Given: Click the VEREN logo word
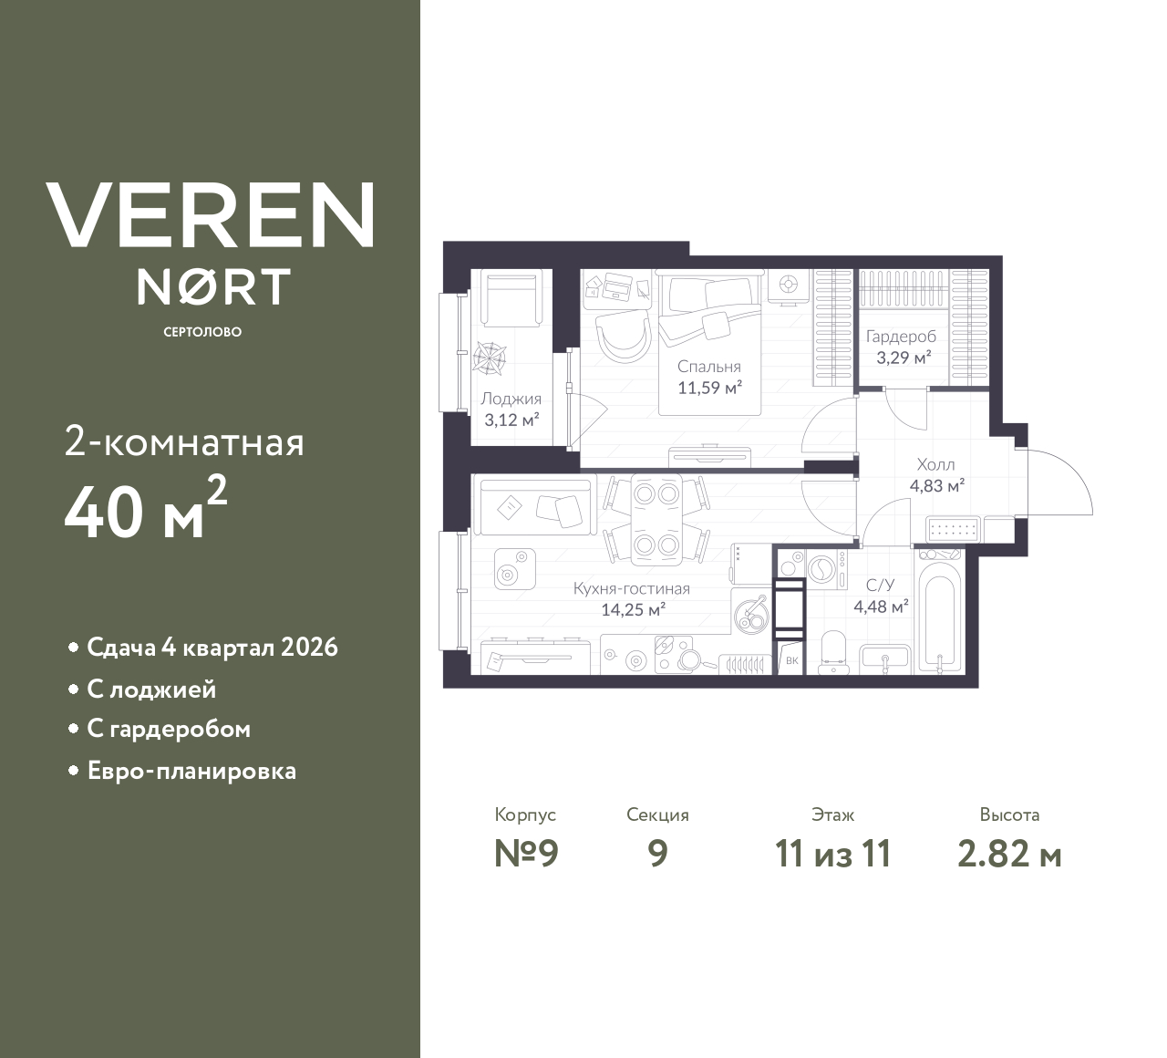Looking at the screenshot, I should pyautogui.click(x=211, y=215).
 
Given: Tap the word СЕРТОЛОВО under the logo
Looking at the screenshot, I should pyautogui.click(x=202, y=332).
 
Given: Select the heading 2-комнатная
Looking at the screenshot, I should pyautogui.click(x=184, y=443).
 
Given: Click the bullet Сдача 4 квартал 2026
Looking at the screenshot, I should pyautogui.click(x=212, y=648).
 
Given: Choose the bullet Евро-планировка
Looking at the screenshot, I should pyautogui.click(x=191, y=771).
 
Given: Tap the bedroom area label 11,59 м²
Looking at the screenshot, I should pyautogui.click(x=709, y=388).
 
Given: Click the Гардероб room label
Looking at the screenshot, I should pyautogui.click(x=901, y=337).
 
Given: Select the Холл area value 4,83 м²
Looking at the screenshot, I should pyautogui.click(x=936, y=486).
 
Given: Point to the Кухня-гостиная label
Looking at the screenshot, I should pyautogui.click(x=631, y=589).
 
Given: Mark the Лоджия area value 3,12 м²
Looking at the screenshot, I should pyautogui.click(x=511, y=420).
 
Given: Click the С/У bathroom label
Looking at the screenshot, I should pyautogui.click(x=880, y=586).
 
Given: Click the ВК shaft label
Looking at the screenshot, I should pyautogui.click(x=791, y=660).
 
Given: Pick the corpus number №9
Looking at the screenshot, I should pyautogui.click(x=525, y=854).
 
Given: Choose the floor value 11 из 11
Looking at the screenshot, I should pyautogui.click(x=832, y=854).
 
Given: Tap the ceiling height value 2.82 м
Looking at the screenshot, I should pyautogui.click(x=1009, y=854).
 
